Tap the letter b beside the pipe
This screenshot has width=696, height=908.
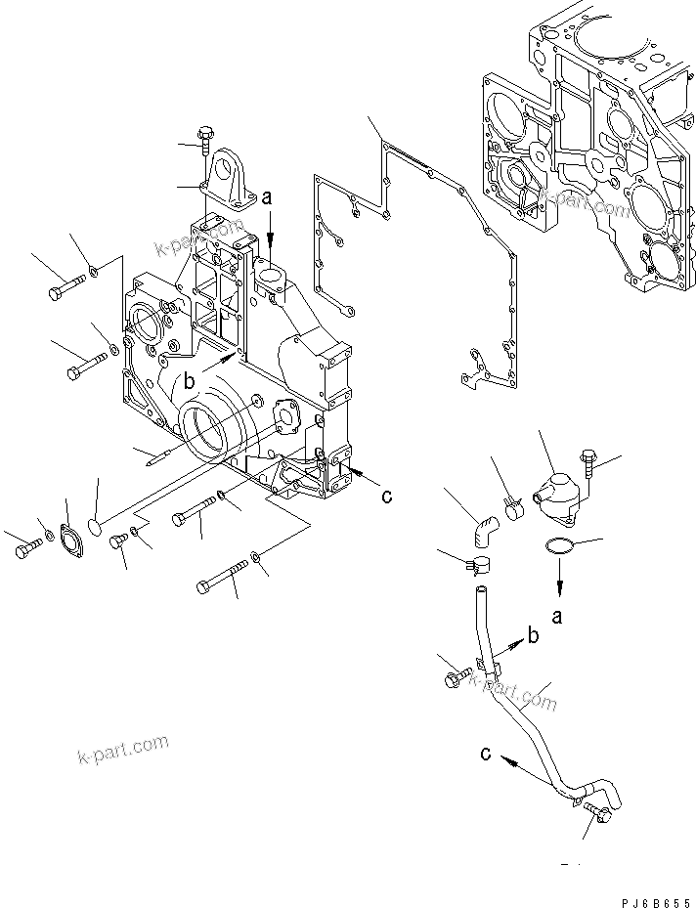click(533, 637)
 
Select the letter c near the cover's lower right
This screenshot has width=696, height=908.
click(387, 497)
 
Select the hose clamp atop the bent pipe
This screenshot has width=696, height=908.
click(477, 564)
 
